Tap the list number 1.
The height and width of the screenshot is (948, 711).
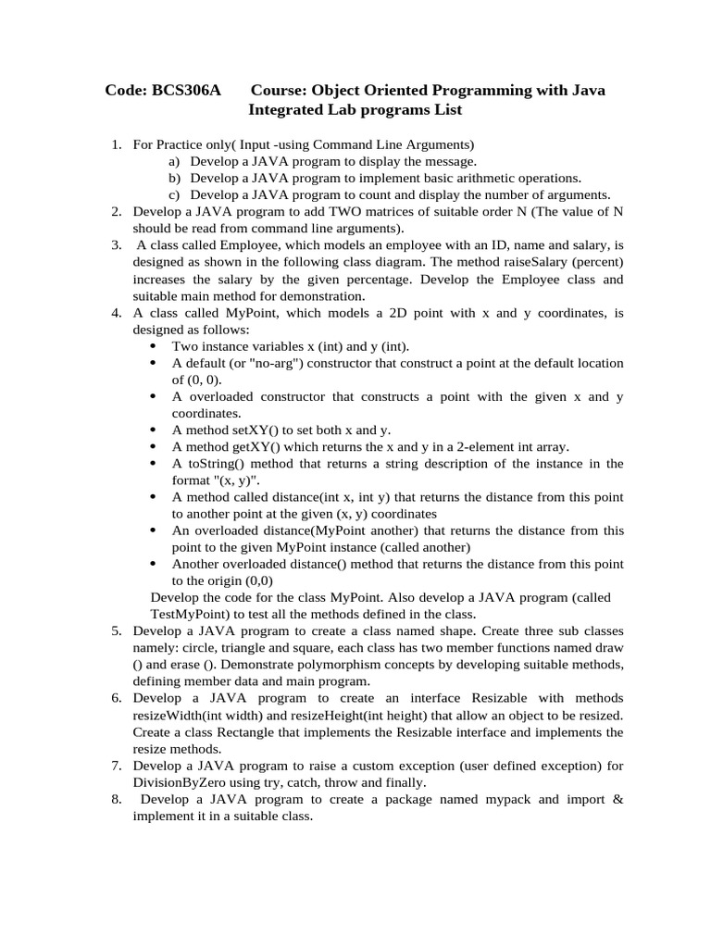point(116,145)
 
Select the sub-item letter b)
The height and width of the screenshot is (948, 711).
point(174,178)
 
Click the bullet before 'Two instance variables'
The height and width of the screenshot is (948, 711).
point(153,346)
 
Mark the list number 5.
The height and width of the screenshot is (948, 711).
point(116,630)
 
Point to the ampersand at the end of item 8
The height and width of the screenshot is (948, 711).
point(618,798)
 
